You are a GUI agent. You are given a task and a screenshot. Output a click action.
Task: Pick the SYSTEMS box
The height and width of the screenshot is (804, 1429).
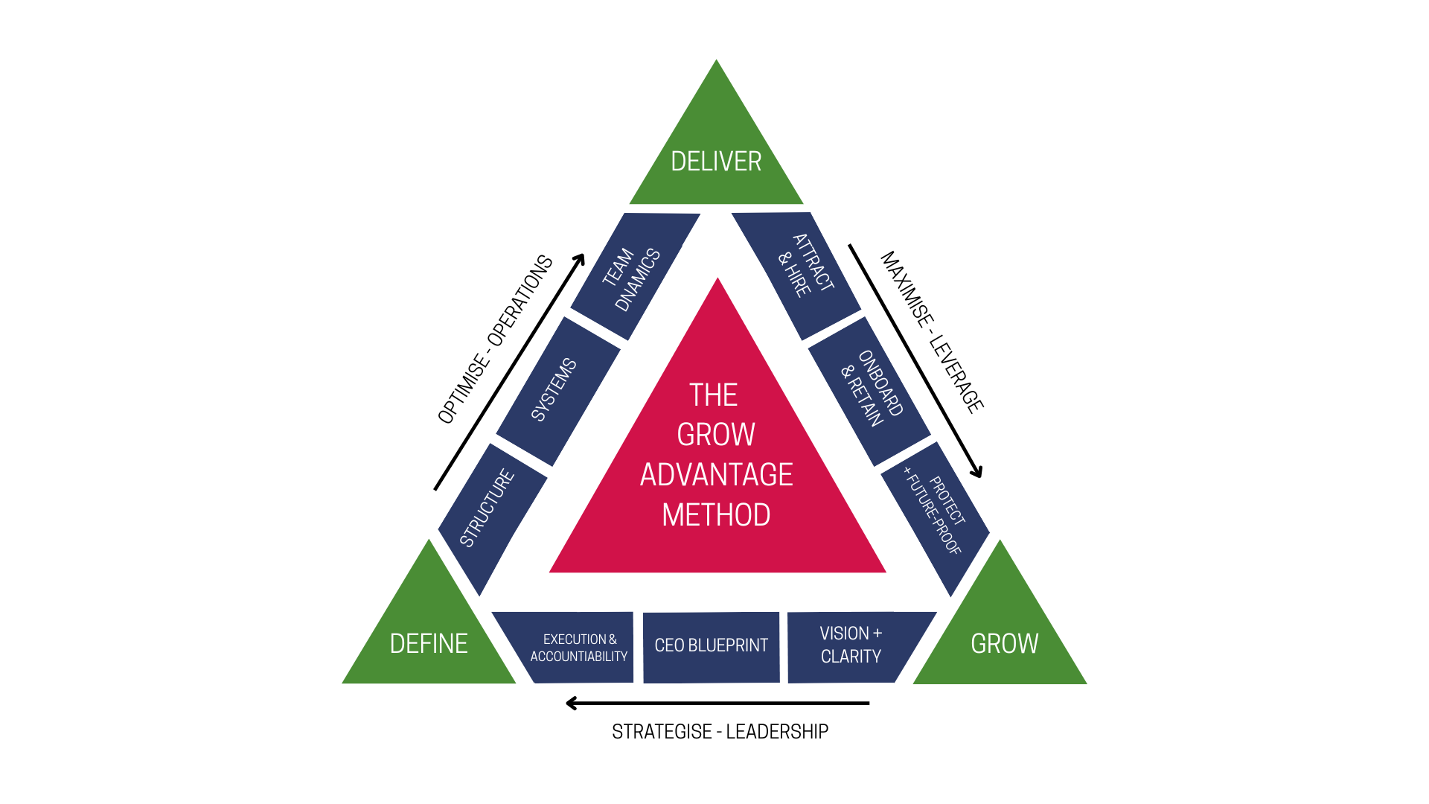tap(557, 390)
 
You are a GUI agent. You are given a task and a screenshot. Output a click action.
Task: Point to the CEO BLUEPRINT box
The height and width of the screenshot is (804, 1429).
tap(711, 646)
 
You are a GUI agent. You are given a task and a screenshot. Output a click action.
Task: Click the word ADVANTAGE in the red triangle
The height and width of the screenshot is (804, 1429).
tap(716, 475)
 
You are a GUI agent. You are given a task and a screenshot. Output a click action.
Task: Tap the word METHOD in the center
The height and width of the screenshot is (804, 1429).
tap(716, 515)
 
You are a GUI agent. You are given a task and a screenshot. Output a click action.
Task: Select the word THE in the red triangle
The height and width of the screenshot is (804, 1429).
tap(713, 395)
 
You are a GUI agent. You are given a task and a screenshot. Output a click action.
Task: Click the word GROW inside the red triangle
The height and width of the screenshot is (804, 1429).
tap(716, 435)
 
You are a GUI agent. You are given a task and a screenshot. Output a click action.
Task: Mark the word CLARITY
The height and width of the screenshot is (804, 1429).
tap(851, 657)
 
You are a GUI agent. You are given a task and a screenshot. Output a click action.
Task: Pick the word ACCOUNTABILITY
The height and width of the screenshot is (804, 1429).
tap(578, 657)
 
